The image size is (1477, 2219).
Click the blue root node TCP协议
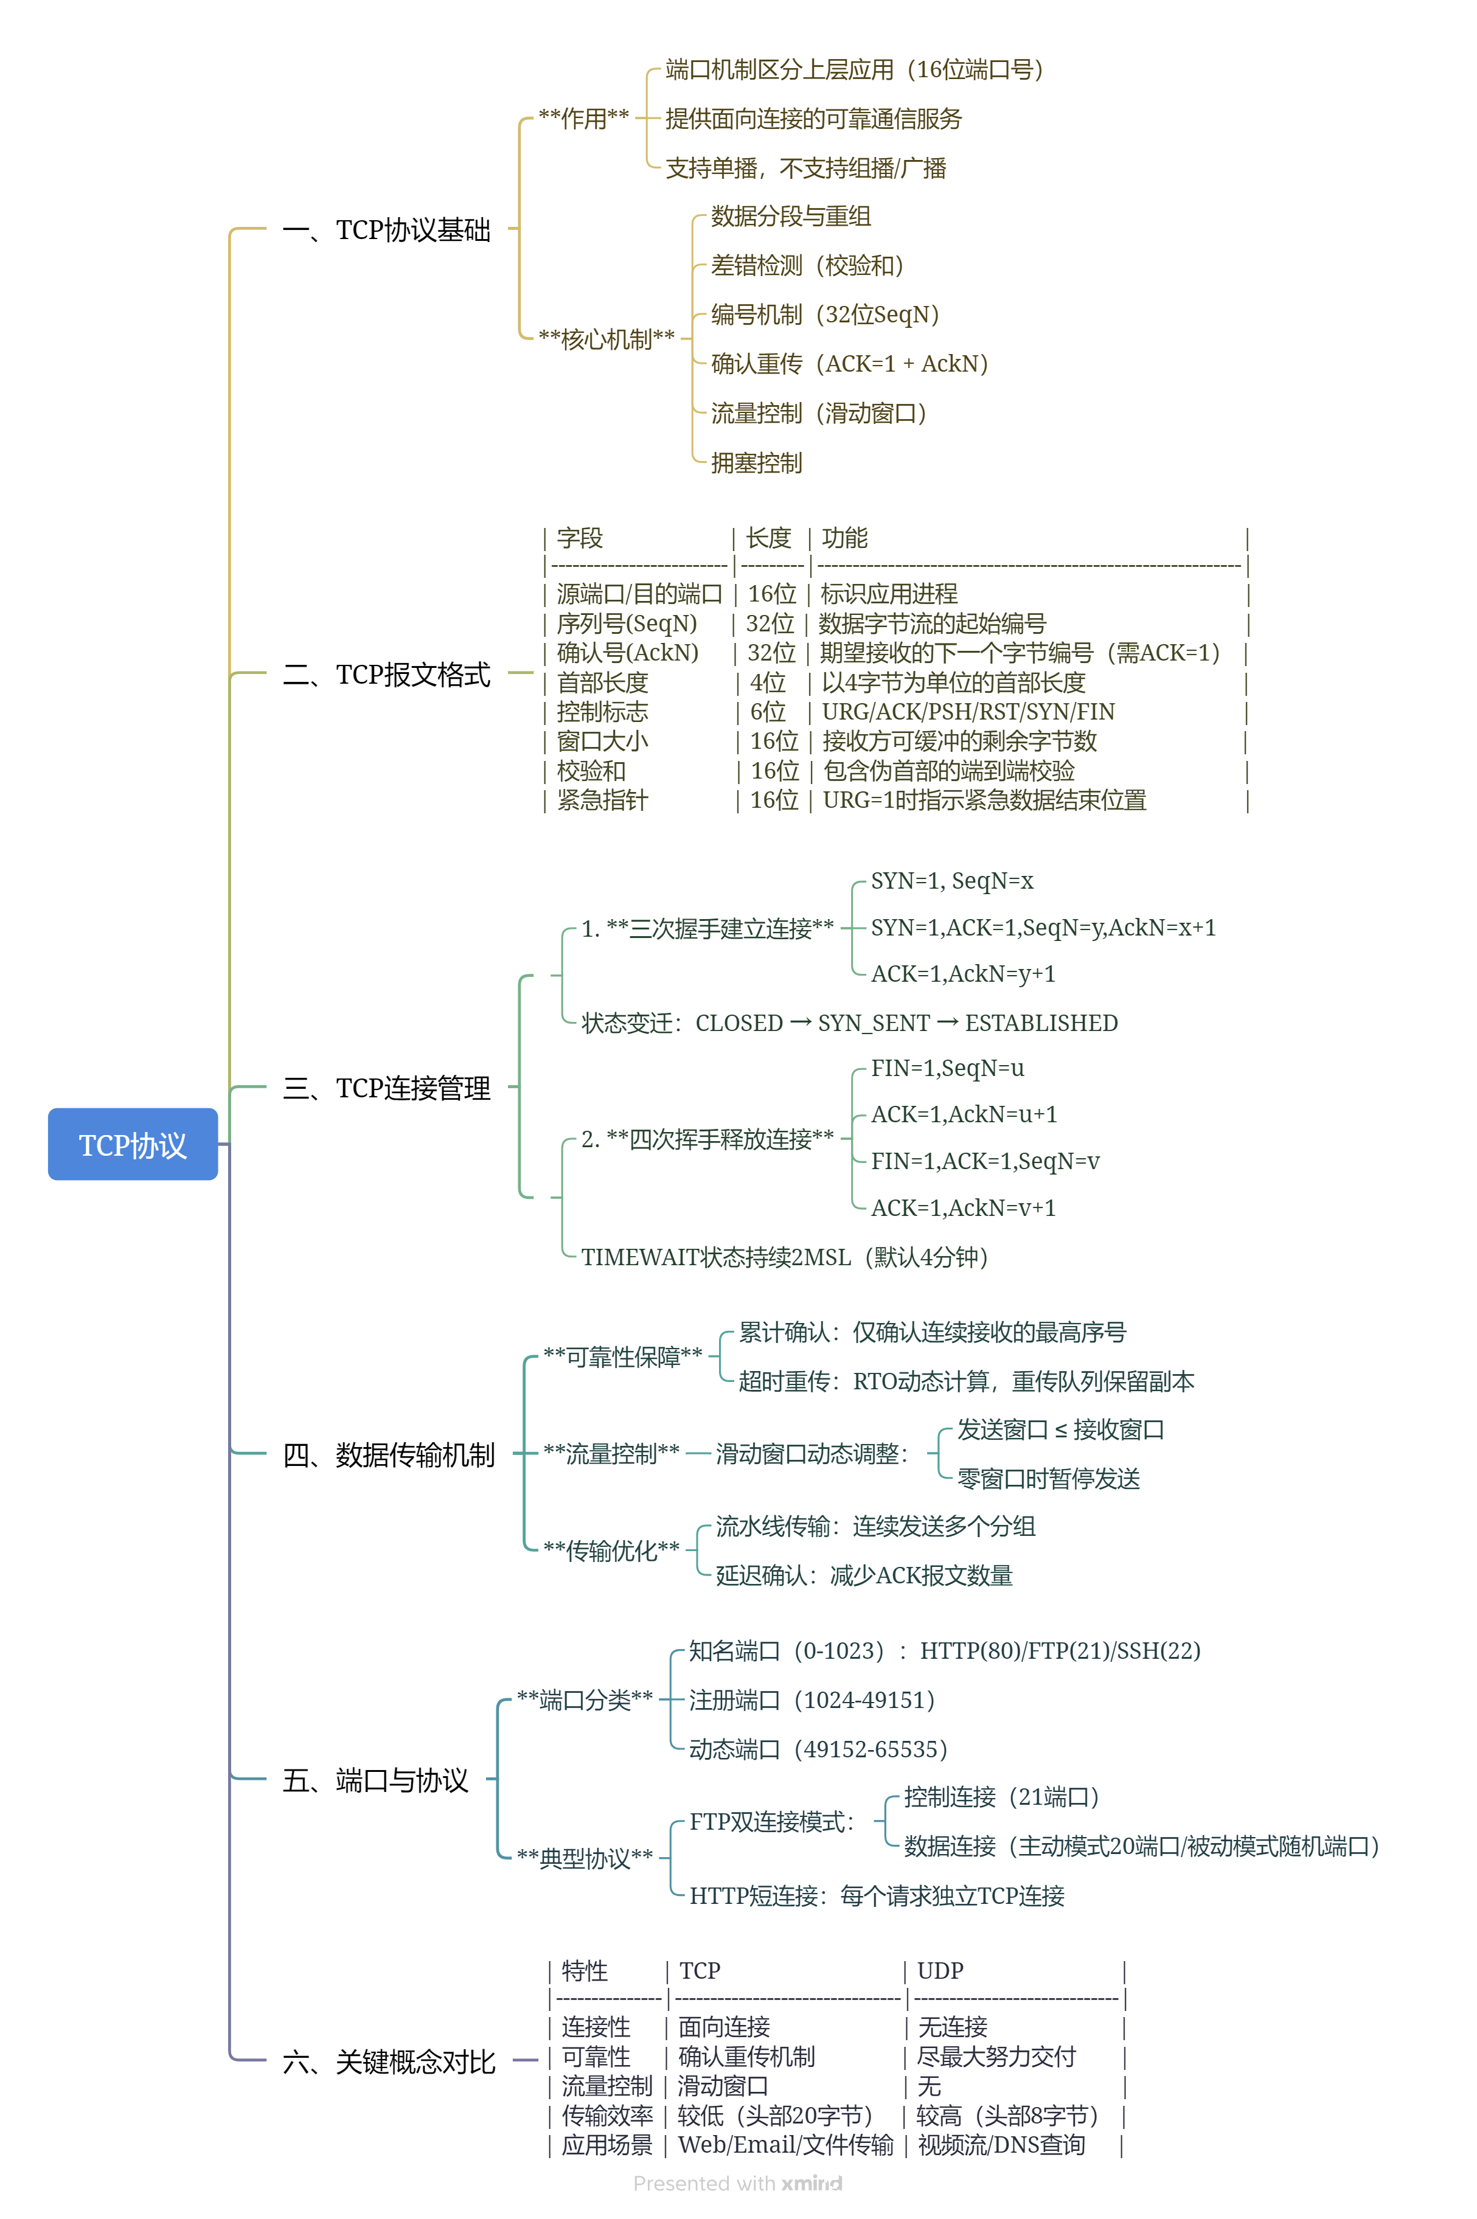133,1144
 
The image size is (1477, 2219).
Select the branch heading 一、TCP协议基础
386,230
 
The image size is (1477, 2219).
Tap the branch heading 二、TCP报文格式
386,675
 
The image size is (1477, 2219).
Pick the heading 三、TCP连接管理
386,1088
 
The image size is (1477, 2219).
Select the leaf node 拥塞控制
756,462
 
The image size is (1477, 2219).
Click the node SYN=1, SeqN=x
951,881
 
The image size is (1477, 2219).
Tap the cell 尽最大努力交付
996,2056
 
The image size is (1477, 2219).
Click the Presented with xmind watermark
737,2183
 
